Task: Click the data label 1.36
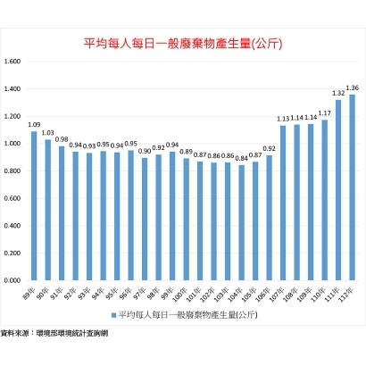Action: click(352, 87)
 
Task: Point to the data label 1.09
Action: click(34, 125)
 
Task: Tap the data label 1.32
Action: click(337, 93)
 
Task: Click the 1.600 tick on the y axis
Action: click(12, 62)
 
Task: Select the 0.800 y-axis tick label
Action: click(12, 171)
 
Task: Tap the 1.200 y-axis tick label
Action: click(12, 116)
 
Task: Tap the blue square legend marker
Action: click(113, 315)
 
